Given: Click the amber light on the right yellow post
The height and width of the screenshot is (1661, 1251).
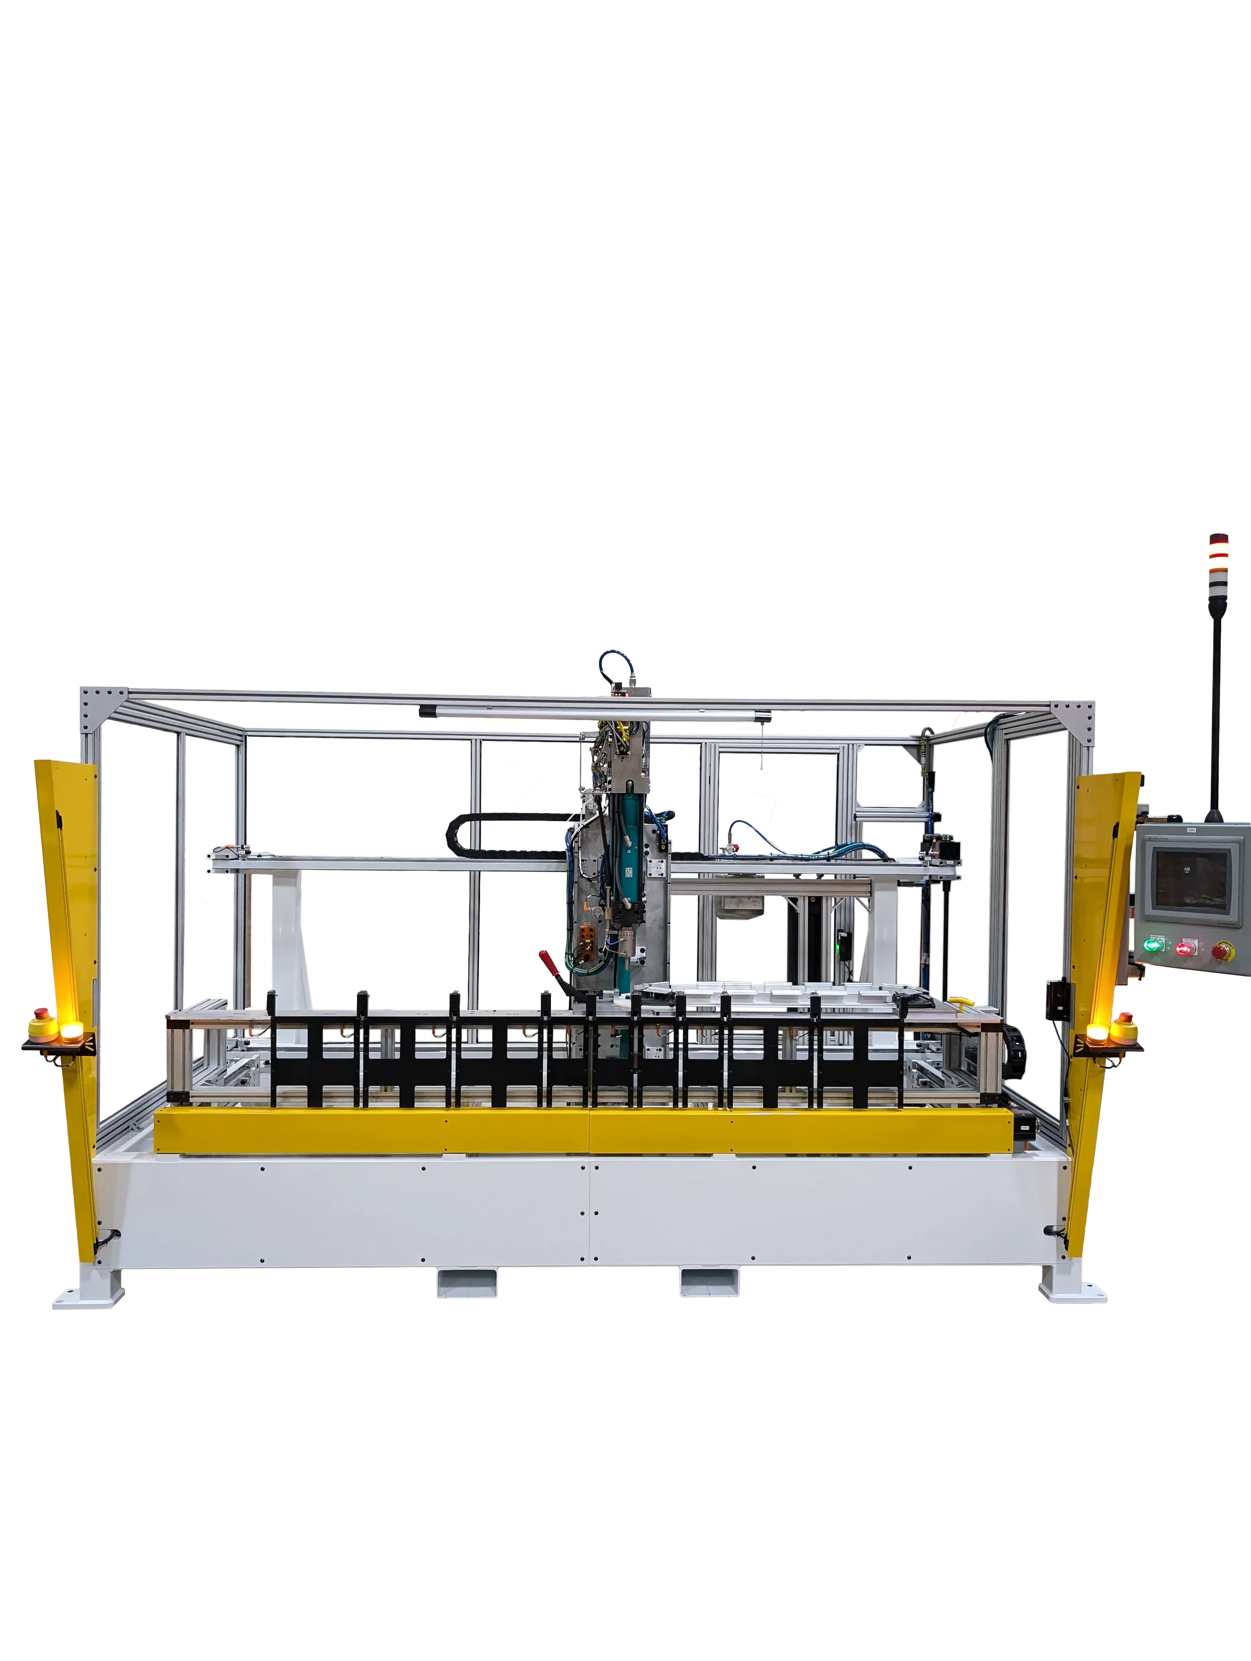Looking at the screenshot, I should [1097, 1035].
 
